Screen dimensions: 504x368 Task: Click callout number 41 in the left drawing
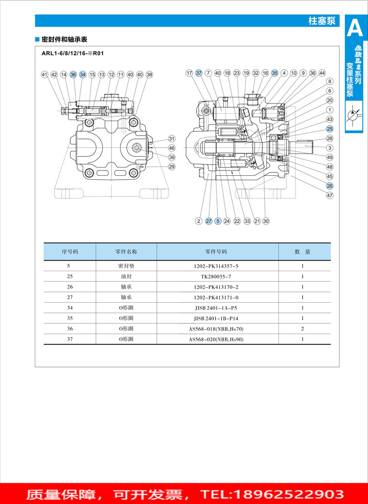pos(45,75)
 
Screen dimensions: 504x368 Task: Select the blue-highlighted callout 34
pos(83,75)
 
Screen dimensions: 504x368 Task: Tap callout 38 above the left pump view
pos(149,75)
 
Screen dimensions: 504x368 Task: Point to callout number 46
pos(171,148)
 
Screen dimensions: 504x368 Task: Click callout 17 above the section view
pos(189,73)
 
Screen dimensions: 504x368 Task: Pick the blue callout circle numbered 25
pos(330,129)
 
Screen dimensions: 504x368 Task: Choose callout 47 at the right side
pos(330,196)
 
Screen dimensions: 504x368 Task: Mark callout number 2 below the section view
pos(199,221)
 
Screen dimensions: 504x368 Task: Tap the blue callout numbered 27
pos(209,221)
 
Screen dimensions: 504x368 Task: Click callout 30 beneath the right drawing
pos(266,221)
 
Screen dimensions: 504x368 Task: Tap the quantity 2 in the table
pos(303,329)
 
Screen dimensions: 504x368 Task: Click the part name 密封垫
pos(126,266)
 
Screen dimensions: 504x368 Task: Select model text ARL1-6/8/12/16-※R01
pos(73,54)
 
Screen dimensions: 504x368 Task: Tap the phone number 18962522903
pos(289,494)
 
